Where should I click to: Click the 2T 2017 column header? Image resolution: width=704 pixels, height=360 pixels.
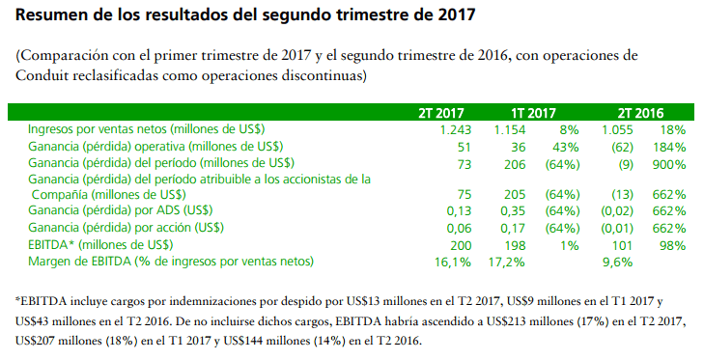click(441, 113)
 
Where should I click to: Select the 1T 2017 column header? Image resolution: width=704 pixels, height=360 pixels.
click(533, 113)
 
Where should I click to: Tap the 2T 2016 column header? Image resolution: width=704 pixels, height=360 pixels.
click(640, 113)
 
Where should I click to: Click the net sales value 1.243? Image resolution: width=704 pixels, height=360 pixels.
click(456, 130)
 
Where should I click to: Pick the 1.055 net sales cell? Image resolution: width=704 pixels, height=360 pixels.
click(617, 130)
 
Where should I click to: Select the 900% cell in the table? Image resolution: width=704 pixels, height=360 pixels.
click(669, 165)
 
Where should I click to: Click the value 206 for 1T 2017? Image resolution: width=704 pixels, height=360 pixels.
click(515, 165)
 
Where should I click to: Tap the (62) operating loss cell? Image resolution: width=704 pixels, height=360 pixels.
click(623, 148)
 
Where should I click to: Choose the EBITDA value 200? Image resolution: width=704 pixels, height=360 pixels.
click(461, 245)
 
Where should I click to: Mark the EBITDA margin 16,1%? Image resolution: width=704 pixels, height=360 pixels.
click(453, 263)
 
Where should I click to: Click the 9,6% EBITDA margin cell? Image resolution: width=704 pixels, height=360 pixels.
click(617, 263)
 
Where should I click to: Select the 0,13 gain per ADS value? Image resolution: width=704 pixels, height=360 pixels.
click(460, 211)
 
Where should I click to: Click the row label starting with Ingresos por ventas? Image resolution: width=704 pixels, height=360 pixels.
click(147, 129)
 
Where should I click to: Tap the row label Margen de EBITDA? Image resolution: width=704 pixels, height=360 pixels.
click(171, 262)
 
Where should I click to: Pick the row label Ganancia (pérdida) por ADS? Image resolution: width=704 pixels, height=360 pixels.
click(121, 210)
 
